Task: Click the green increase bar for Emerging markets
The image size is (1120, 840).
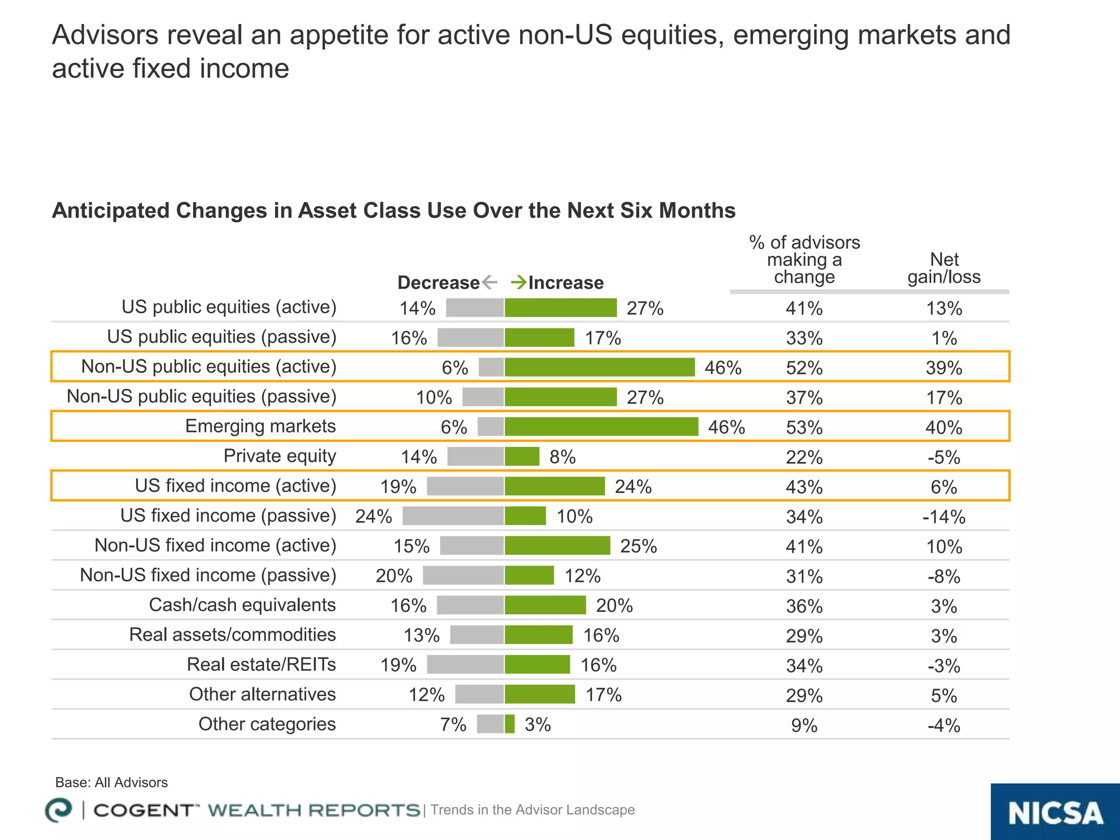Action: (601, 427)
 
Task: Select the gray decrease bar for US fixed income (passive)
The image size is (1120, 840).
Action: (453, 516)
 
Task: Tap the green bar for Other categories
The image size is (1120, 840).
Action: (509, 724)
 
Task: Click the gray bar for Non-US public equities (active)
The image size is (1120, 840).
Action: (491, 367)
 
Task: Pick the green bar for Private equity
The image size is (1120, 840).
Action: (522, 456)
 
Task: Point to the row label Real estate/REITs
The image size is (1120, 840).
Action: (261, 664)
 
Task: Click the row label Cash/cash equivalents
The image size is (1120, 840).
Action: (242, 605)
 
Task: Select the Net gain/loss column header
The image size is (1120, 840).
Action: (944, 268)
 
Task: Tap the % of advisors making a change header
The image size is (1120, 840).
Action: (804, 260)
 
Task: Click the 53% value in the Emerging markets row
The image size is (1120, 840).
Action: (804, 427)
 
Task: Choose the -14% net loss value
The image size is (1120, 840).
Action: (944, 517)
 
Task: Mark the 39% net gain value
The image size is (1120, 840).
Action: (944, 367)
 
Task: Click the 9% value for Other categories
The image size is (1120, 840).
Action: (804, 726)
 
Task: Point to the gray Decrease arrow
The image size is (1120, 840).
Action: (490, 282)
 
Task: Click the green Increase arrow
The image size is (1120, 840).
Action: (518, 282)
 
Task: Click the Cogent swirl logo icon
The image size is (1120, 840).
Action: (58, 810)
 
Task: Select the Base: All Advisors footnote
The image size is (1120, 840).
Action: (112, 783)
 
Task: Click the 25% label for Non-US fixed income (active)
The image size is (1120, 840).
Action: (638, 546)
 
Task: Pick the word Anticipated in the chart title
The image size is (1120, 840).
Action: (110, 211)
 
